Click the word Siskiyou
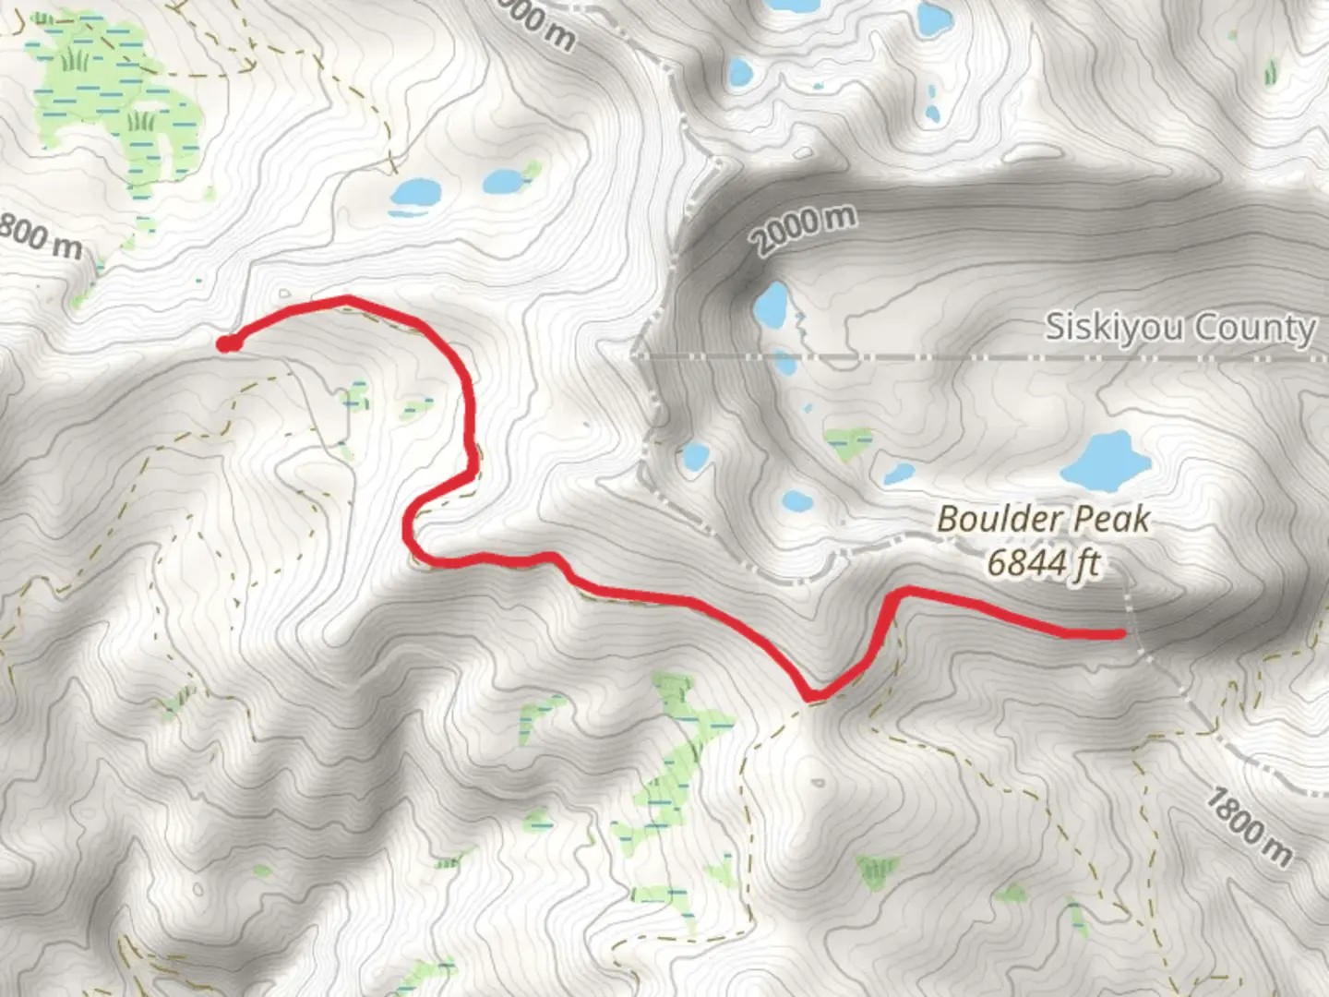1100,329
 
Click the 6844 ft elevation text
1043,561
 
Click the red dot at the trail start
225,344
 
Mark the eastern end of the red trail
1119,634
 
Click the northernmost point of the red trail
346,298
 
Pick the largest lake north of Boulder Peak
1106,460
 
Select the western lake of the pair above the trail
414,193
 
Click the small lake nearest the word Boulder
898,474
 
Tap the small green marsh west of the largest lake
847,441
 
